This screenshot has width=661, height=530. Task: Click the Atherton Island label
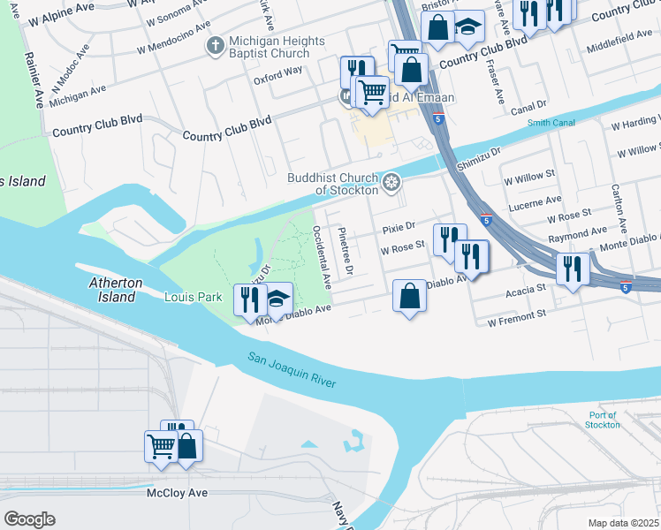click(116, 290)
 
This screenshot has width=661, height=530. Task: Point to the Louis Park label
click(193, 298)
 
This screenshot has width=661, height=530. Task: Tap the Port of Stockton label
click(603, 420)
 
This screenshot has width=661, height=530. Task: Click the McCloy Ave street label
click(178, 492)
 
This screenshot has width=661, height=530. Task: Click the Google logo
click(29, 519)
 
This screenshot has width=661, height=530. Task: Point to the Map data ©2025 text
click(623, 523)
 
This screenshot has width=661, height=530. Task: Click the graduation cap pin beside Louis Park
click(277, 299)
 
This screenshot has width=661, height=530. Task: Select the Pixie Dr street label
click(399, 228)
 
